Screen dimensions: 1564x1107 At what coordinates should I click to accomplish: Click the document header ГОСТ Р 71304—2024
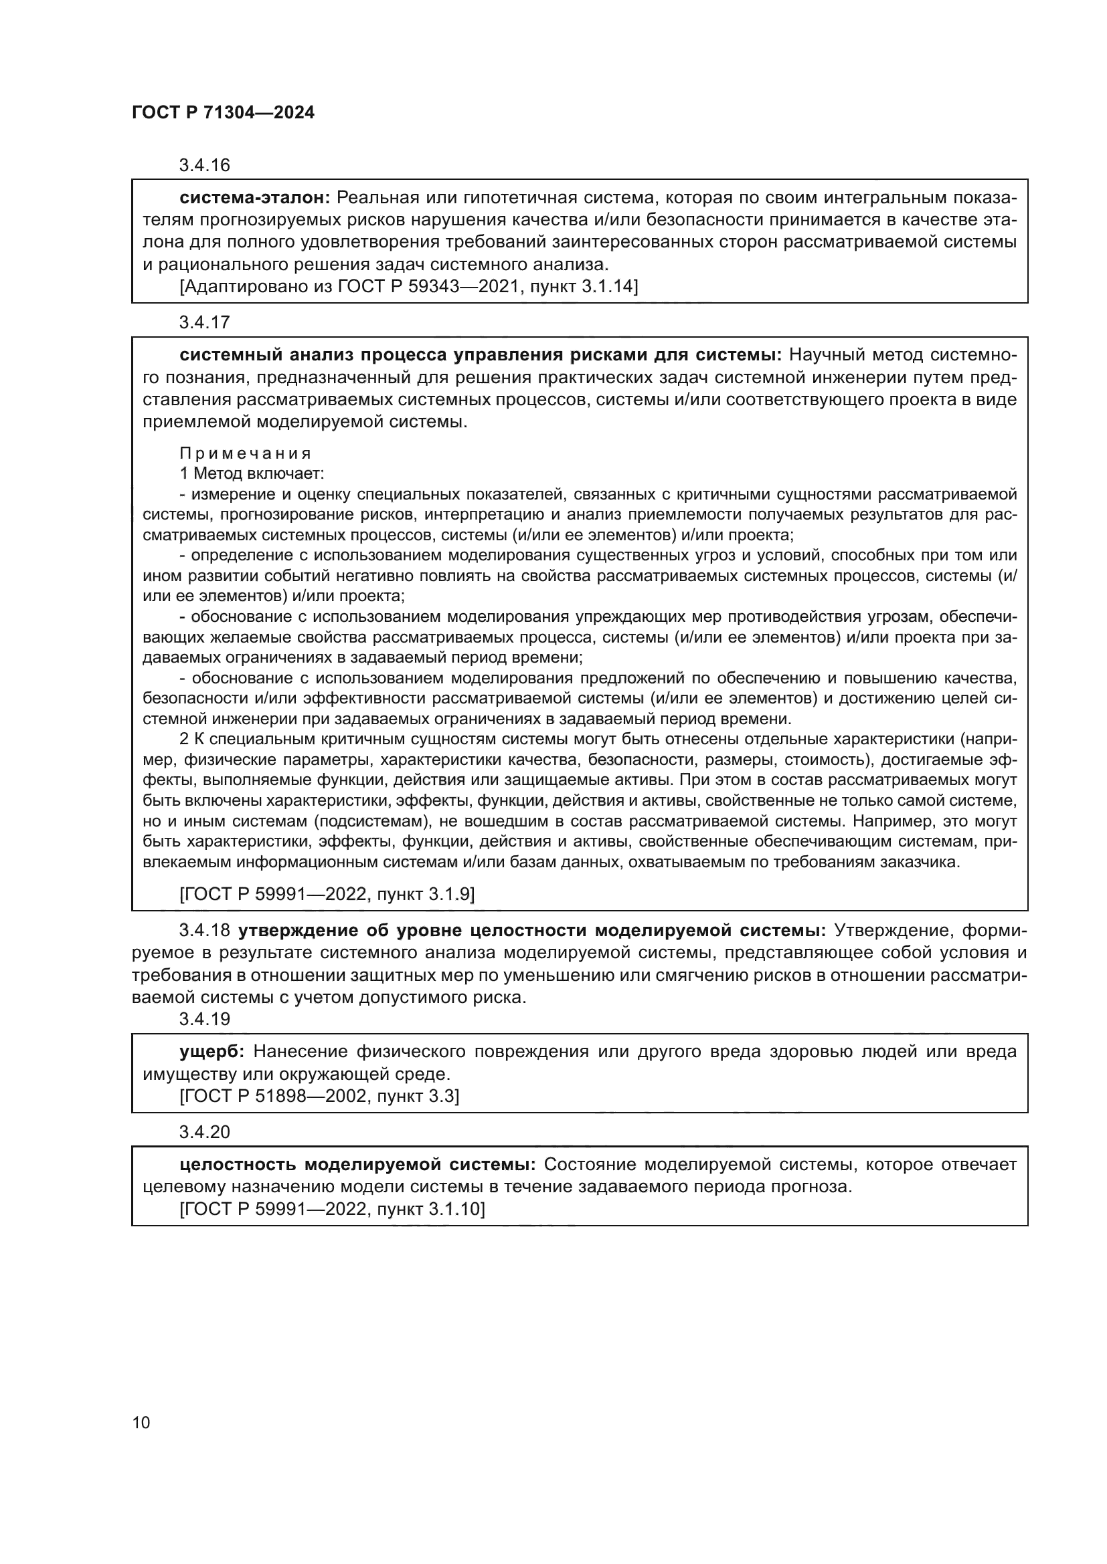tap(223, 113)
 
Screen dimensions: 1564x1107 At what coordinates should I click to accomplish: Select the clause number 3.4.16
tap(205, 166)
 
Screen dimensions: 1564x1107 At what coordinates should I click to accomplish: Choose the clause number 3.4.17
tap(205, 322)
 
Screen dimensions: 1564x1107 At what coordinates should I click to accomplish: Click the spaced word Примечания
tap(246, 453)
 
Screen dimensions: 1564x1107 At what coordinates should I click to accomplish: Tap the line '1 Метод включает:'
tap(252, 473)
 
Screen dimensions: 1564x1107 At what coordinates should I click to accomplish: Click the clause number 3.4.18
tap(205, 931)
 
